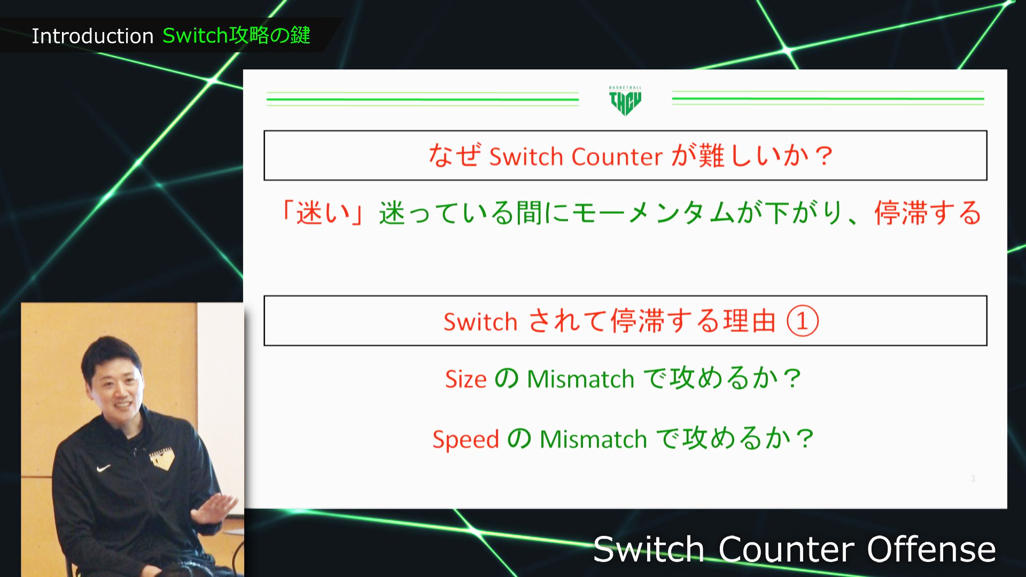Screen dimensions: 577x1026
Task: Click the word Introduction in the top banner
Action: [92, 36]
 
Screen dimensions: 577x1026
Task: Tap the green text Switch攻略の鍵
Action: [236, 35]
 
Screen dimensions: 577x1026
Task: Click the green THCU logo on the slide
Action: [625, 100]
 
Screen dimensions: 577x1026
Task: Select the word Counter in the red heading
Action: [617, 157]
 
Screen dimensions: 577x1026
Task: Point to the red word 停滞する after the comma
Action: [928, 213]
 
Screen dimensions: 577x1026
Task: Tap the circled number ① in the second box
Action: [802, 321]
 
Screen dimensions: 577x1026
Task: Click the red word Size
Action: [465, 379]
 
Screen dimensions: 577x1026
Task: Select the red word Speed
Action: [465, 439]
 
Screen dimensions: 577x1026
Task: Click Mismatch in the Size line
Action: [580, 379]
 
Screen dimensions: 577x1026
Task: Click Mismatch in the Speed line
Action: [593, 439]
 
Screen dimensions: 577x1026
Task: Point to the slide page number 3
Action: [973, 479]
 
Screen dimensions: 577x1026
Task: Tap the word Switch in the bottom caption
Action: [649, 549]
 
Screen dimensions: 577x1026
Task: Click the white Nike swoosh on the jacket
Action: [103, 469]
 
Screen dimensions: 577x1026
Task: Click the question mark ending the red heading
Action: [824, 157]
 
